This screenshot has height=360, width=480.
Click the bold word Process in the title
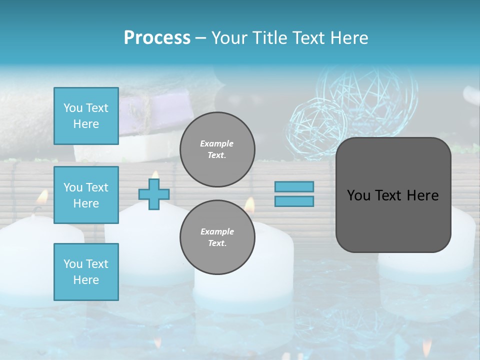157,38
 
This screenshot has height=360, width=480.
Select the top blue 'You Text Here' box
86,116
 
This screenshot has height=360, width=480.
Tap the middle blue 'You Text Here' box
86,195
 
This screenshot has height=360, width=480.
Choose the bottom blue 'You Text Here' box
86,272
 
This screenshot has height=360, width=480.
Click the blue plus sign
154,193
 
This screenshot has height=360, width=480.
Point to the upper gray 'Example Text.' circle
217,149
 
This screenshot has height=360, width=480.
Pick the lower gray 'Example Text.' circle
217,237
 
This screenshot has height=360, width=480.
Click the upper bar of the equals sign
294,186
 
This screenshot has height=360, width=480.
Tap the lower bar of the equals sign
294,201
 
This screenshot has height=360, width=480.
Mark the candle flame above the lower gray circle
249,204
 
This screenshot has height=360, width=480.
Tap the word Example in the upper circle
217,144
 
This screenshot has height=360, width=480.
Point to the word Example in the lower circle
217,232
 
